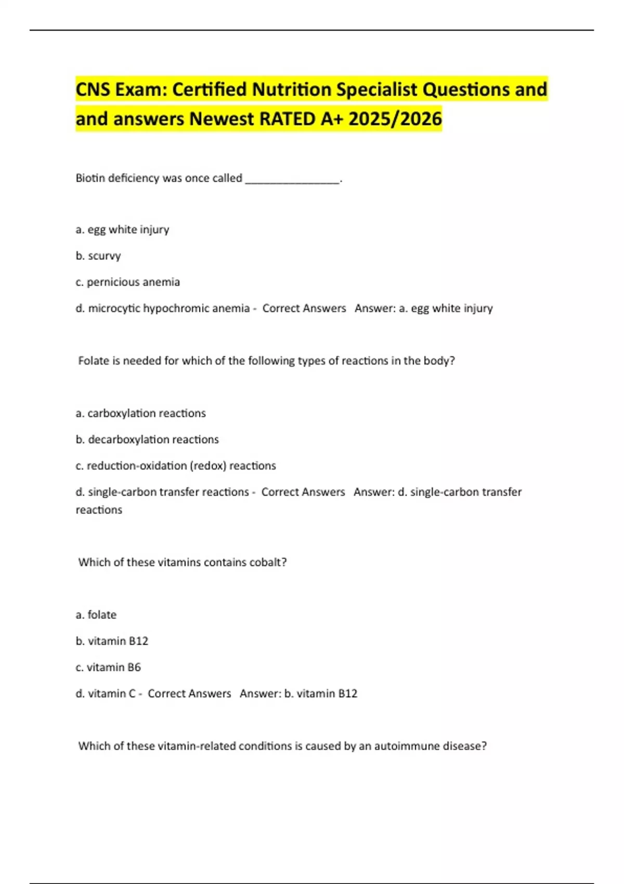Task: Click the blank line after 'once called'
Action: point(292,179)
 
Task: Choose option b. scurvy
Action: point(98,256)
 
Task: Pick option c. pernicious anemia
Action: point(128,282)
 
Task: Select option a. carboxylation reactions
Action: point(141,413)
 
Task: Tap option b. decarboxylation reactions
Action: point(147,439)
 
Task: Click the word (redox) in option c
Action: point(209,466)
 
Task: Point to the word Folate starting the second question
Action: point(93,361)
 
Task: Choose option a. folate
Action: point(96,615)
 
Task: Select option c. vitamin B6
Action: point(108,667)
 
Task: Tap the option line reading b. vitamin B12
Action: point(112,641)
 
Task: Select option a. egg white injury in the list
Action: point(123,229)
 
